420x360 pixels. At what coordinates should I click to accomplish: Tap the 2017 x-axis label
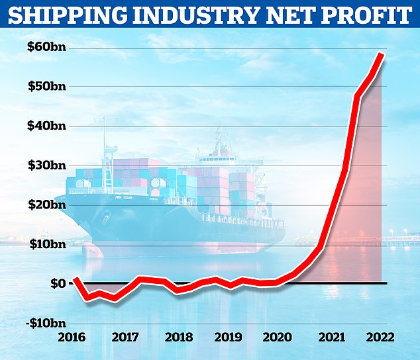(125, 337)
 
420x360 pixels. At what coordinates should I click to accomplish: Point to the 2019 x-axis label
(227, 337)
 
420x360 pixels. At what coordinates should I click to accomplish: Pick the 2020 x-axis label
(278, 337)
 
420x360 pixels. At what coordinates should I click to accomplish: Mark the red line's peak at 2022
(382, 54)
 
